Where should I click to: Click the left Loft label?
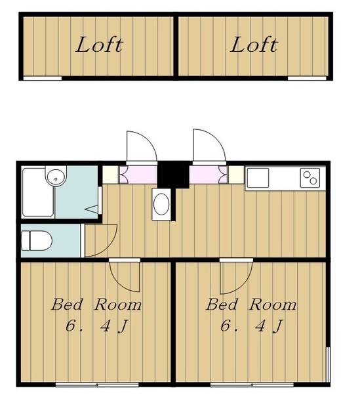click(99, 45)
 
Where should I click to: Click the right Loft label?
click(254, 45)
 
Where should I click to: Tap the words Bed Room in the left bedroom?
click(96, 305)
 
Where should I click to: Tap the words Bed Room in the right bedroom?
click(251, 305)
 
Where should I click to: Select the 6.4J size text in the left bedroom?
click(96, 325)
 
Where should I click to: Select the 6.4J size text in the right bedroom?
click(251, 325)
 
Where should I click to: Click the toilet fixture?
click(37, 241)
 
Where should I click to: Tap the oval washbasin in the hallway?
click(161, 205)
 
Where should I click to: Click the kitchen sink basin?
click(258, 178)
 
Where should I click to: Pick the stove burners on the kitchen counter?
click(310, 177)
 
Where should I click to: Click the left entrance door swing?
click(140, 146)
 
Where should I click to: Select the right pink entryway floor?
click(208, 175)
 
